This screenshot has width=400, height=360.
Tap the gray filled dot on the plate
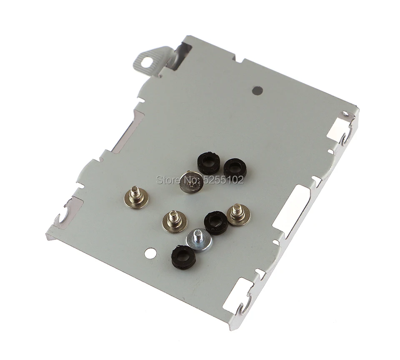(257, 90)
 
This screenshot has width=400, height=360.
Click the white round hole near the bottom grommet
(151, 252)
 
